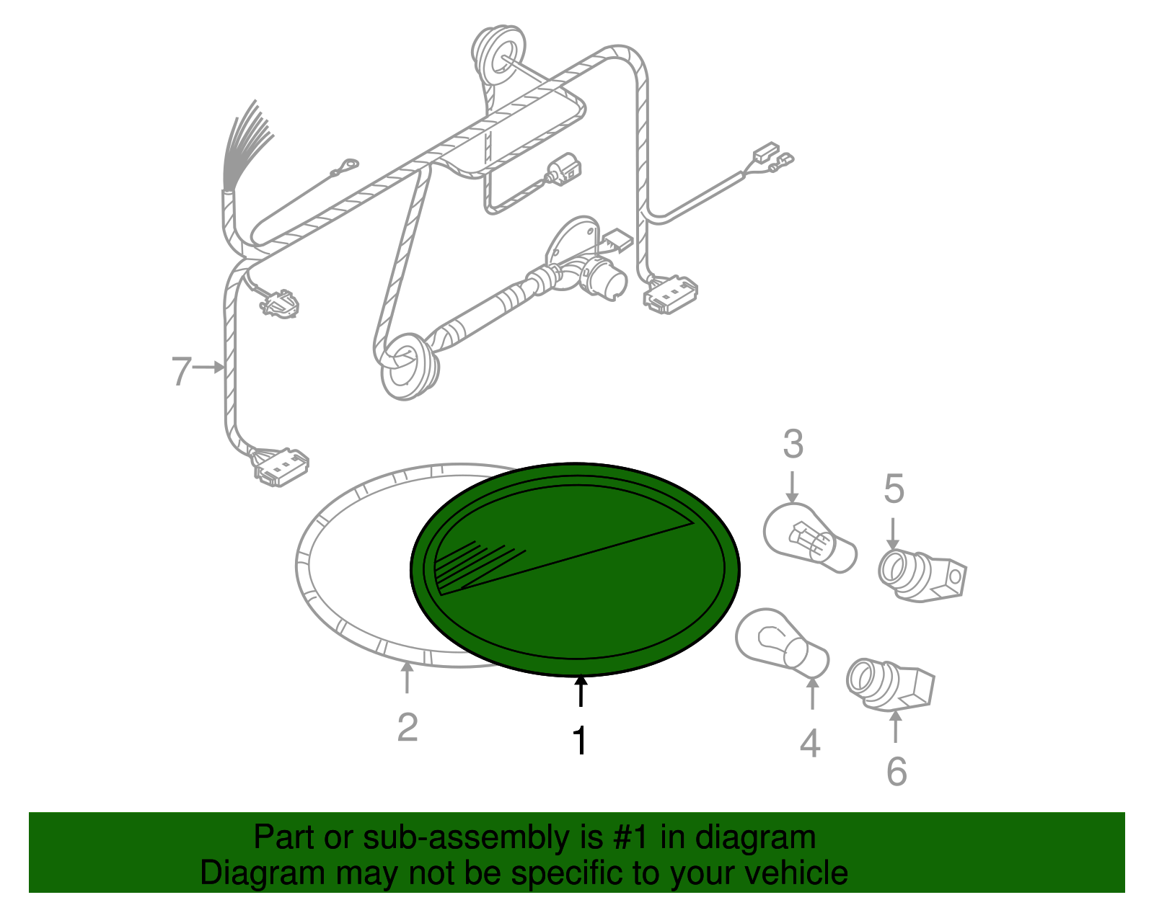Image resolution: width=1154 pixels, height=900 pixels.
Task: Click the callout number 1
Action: click(580, 740)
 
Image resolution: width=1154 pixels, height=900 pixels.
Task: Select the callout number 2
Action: click(408, 728)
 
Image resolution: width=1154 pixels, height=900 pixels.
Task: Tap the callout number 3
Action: click(793, 444)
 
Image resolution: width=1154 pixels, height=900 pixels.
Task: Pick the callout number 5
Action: click(894, 489)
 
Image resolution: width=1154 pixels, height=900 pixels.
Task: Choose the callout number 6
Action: click(897, 772)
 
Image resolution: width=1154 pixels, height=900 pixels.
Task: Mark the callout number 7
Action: click(181, 370)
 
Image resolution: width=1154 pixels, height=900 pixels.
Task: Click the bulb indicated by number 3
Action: click(810, 538)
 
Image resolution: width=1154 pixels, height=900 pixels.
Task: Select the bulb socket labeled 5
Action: click(922, 575)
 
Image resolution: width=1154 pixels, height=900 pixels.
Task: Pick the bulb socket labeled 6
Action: click(890, 684)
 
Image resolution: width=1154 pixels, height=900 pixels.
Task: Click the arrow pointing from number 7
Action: click(208, 367)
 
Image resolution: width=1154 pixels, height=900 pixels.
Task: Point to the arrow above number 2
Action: click(407, 677)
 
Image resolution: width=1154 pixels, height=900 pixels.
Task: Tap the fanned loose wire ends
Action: click(245, 144)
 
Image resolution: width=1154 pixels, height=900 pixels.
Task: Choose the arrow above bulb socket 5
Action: click(893, 533)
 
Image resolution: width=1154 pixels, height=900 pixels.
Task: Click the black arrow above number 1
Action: click(581, 690)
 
